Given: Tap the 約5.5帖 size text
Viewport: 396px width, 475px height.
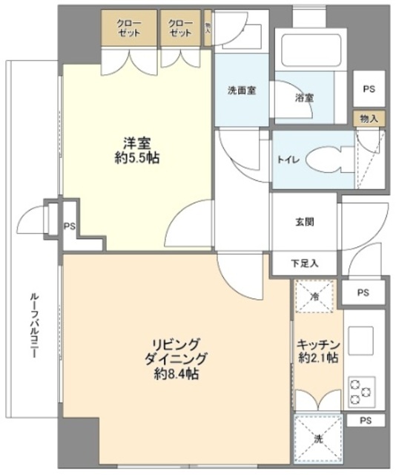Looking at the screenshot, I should coord(135,157).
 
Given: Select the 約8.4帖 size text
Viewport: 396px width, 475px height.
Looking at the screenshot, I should coord(176,374).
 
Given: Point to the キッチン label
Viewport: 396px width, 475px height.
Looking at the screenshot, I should coord(318,344).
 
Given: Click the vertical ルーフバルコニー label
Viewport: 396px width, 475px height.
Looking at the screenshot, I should coord(35,327).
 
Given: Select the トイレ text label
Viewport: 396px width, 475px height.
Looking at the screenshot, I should coord(288,160).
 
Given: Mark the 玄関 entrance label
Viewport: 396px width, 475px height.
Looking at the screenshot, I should coord(305,223).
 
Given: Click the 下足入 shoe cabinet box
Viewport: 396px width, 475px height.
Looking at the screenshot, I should coord(305,263).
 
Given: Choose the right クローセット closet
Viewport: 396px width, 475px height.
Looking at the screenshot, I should coord(179,29).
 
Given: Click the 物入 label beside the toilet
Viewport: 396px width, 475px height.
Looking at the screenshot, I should coord(369,118).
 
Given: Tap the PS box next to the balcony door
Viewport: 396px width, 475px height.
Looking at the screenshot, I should coord(69,226).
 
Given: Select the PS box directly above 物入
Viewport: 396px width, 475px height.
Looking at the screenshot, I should coord(369,88).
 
